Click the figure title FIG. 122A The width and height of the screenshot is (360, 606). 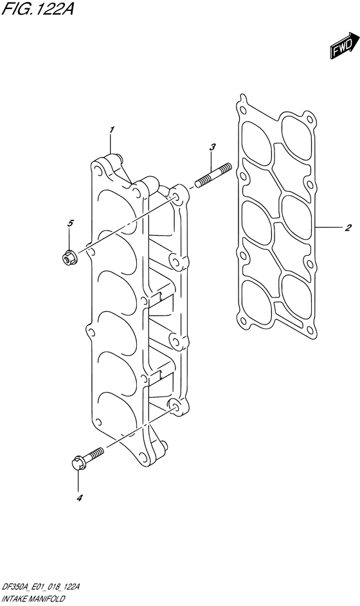click(37, 8)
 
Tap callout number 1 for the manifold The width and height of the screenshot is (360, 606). click(111, 130)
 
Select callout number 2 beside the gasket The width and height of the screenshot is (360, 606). click(348, 228)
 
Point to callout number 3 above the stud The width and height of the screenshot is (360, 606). click(212, 147)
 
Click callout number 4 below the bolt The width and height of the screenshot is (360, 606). click(79, 499)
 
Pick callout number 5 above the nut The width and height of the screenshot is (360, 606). click(70, 223)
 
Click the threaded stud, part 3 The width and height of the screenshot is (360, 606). click(213, 175)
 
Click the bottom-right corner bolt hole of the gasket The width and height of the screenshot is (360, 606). click(310, 329)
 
